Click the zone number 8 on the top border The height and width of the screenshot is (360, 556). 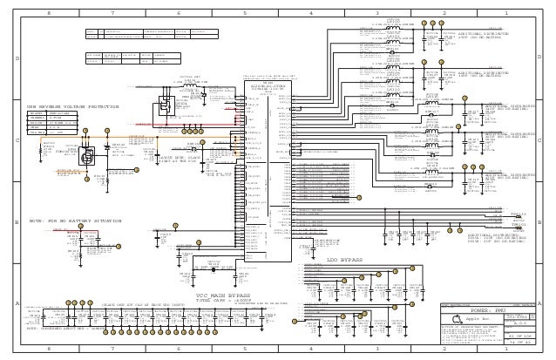click(48, 14)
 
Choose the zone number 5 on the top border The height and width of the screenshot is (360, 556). click(246, 14)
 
